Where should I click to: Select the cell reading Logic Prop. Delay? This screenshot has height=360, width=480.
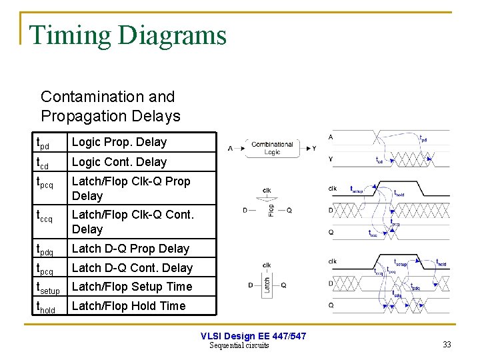(x=119, y=142)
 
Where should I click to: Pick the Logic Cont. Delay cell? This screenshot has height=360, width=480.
(x=119, y=162)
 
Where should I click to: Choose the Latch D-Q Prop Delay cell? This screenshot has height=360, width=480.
(x=131, y=249)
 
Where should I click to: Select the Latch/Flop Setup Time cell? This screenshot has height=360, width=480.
(x=131, y=287)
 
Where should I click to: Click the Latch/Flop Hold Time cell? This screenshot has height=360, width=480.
(x=129, y=306)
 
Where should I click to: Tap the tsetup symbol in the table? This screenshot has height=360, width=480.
(x=48, y=288)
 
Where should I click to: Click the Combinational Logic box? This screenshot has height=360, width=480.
(x=272, y=148)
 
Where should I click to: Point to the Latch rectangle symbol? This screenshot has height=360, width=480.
(x=267, y=285)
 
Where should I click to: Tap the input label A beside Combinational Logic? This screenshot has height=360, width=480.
(x=231, y=148)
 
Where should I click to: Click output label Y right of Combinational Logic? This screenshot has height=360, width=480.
(x=314, y=148)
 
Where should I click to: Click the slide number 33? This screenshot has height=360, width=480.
(x=447, y=345)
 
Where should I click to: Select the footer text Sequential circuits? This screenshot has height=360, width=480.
(x=239, y=345)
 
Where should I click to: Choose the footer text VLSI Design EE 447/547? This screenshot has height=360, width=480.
(x=253, y=336)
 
